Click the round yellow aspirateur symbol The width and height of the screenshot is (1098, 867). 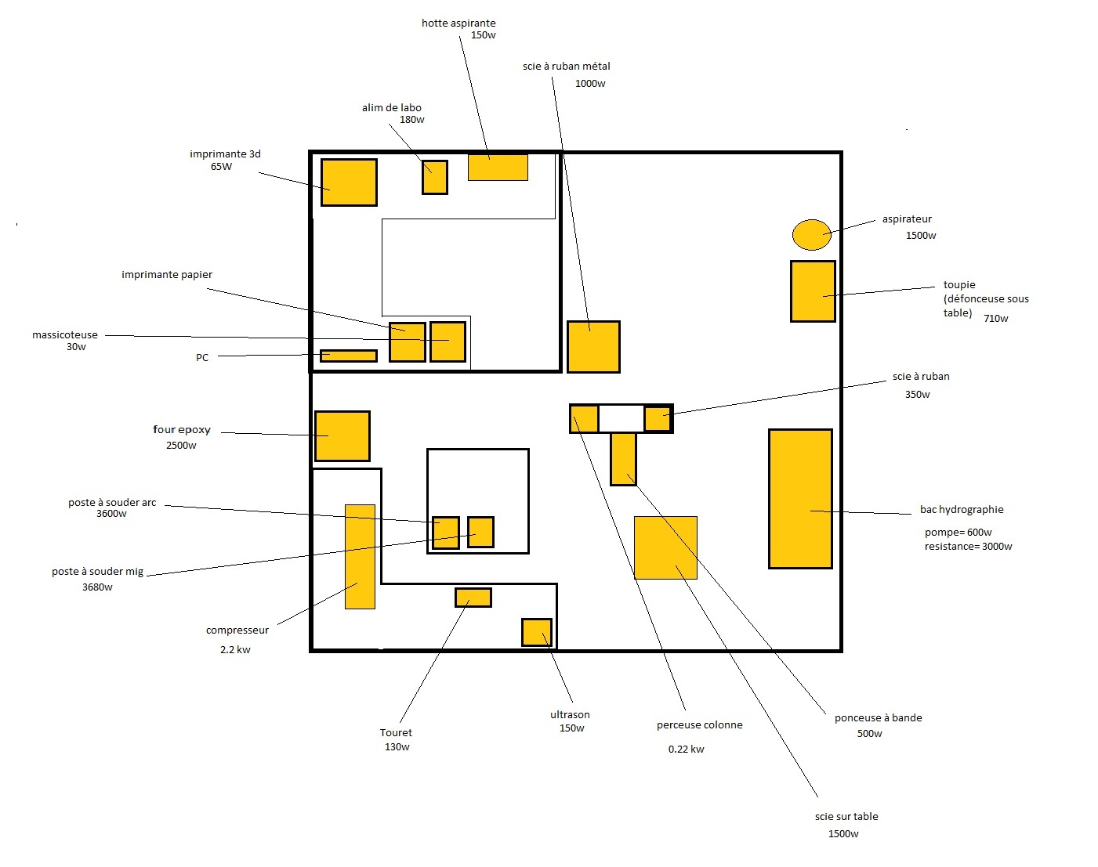811,234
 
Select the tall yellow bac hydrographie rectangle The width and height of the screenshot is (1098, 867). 799,499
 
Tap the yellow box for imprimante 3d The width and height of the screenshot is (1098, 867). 349,182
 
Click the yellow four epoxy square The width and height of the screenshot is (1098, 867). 342,436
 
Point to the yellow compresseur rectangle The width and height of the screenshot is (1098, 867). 360,557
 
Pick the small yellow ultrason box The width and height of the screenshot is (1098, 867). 537,633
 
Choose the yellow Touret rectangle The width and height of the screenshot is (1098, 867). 473,598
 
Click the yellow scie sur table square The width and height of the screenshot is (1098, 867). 665,547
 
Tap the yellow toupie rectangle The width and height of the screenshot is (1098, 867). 813,291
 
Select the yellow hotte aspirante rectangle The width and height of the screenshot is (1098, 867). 498,168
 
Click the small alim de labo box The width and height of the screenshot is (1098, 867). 435,178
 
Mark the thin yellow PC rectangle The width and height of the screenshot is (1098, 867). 349,356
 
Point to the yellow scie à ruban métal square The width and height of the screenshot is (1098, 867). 593,347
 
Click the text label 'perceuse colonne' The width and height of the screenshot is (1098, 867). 699,725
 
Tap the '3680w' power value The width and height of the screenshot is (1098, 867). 97,587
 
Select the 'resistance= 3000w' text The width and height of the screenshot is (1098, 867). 968,547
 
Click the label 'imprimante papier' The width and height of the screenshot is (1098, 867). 167,275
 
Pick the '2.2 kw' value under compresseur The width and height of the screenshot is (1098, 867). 235,650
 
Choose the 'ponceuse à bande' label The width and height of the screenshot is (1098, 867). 878,718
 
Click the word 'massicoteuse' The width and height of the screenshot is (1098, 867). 65,335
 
